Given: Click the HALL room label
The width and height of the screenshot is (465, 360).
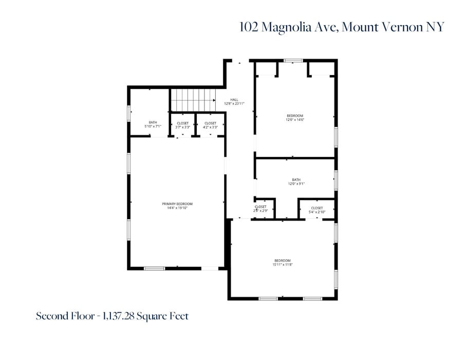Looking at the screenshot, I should point(234,100).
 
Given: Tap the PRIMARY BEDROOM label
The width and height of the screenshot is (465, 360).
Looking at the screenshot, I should point(177,204).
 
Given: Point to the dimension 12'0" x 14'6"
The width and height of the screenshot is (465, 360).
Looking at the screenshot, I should point(295,120).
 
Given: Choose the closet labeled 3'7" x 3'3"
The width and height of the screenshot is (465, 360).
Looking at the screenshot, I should point(182,125).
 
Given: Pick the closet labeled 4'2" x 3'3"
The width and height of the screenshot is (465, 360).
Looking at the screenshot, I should point(210,125).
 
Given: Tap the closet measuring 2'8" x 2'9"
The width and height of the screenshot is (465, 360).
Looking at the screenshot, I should point(261,209).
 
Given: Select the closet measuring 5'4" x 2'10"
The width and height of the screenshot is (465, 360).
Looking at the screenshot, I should point(317,210).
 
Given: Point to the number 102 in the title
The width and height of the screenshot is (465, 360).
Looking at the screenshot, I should point(249,27).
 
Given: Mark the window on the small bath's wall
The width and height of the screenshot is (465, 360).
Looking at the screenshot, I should point(128,113).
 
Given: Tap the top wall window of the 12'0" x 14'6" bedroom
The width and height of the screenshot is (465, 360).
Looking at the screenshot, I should point(293,61).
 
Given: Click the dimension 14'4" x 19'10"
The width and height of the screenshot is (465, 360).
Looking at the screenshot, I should point(177,208).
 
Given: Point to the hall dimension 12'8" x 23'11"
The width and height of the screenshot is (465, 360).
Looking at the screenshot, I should point(234,104).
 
